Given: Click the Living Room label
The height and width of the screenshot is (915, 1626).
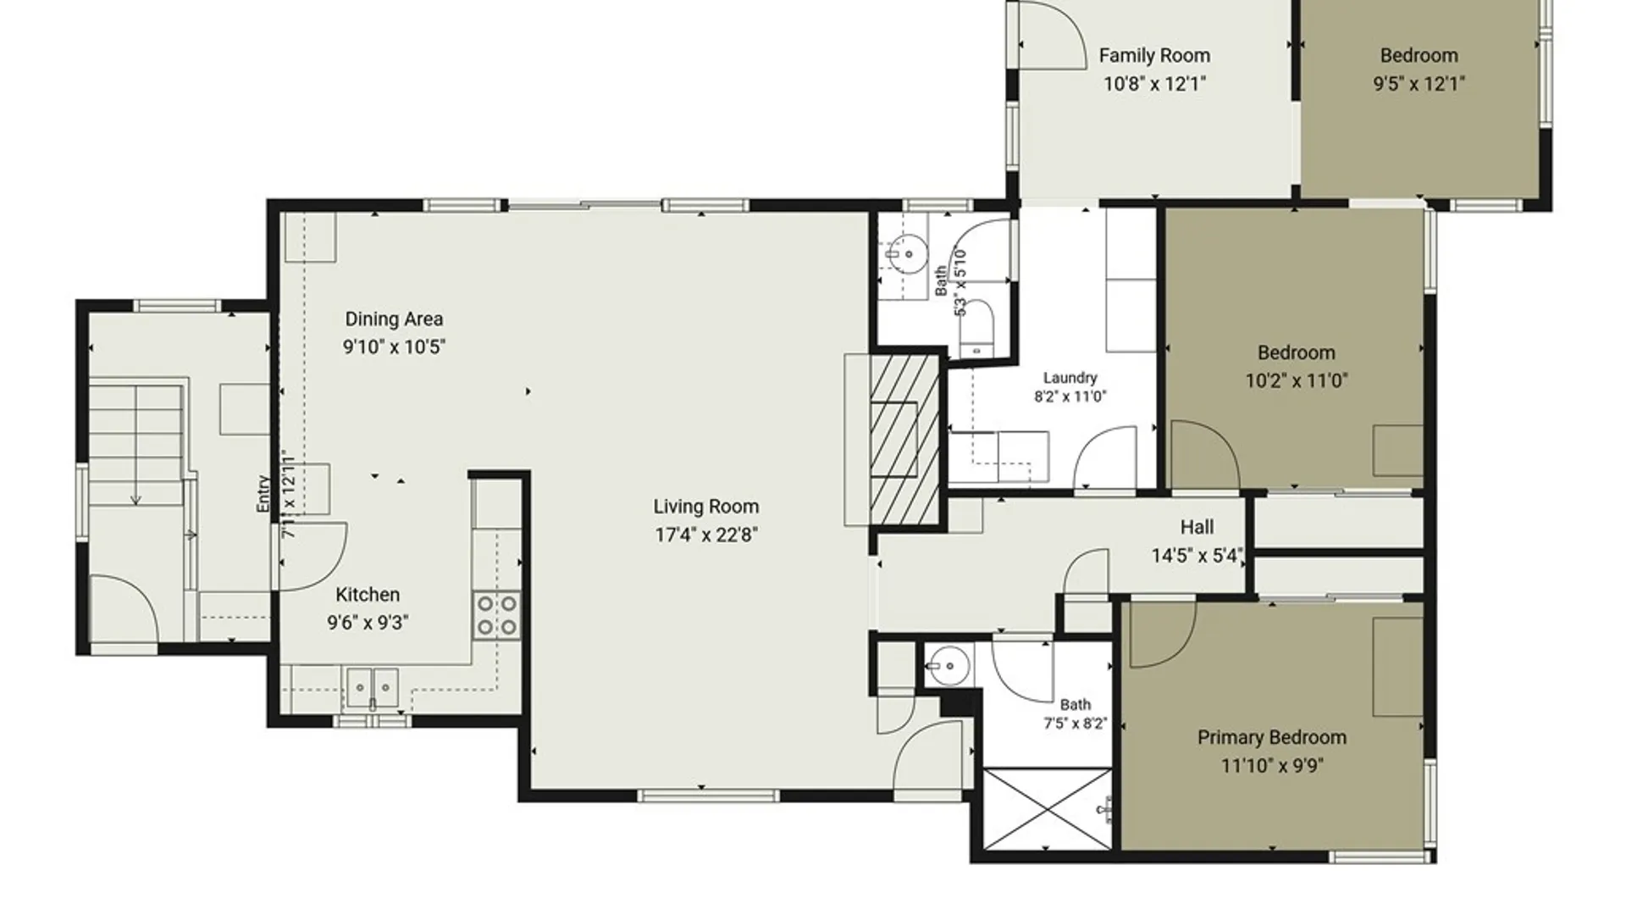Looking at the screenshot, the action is point(705,507).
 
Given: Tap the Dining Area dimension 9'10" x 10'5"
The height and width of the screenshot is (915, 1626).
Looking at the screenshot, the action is point(394,347).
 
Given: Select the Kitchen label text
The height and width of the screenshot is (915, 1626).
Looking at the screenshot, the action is point(368,595).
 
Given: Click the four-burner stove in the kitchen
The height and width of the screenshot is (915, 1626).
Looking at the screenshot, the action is point(497,615).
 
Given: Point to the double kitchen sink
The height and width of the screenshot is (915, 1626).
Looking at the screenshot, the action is point(373,686).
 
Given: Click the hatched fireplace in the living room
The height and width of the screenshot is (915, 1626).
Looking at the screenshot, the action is point(905,440).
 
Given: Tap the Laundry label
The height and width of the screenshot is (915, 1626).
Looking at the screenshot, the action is point(1070,378).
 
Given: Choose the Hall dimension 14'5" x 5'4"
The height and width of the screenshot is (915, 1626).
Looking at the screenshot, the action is point(1197,556).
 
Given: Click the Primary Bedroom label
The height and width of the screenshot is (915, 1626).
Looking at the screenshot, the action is point(1272,737).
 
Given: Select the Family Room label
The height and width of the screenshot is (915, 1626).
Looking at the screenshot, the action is point(1154,56).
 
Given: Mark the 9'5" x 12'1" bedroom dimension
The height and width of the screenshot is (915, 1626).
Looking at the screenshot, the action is point(1419,84).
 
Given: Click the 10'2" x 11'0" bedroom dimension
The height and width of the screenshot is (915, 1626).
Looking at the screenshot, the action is point(1296,380).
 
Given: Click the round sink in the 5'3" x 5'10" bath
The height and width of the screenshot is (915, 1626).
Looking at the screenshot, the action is point(908,252).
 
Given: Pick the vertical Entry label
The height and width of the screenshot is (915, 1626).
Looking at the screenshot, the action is point(263,493).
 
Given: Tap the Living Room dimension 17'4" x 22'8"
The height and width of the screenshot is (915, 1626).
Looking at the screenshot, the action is point(705,535).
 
